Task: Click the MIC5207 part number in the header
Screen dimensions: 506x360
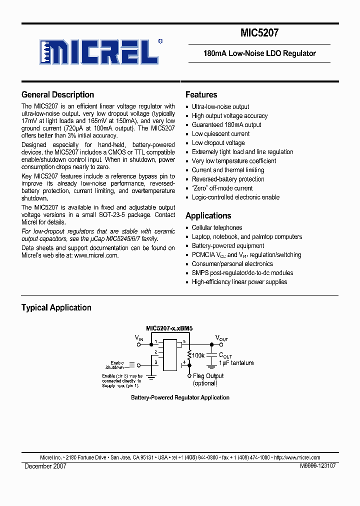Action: click(259, 33)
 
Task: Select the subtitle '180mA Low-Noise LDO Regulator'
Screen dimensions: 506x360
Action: click(259, 53)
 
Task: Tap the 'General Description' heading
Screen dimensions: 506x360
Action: click(57, 94)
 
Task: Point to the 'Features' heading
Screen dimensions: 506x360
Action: click(201, 94)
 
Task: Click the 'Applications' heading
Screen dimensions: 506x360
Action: click(208, 215)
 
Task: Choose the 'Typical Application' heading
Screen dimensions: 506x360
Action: click(56, 307)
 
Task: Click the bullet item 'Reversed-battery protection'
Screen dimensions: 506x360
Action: click(228, 179)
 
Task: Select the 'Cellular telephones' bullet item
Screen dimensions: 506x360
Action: click(217, 227)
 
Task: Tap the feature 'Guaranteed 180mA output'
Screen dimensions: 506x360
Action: click(226, 124)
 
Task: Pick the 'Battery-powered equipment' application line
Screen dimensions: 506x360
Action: click(228, 245)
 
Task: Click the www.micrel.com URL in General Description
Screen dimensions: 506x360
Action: click(96, 255)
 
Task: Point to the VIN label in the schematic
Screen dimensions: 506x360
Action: click(139, 338)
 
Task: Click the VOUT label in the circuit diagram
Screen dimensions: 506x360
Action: click(221, 338)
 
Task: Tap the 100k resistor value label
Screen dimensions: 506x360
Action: click(199, 354)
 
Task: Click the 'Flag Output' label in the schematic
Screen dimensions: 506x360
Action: click(208, 376)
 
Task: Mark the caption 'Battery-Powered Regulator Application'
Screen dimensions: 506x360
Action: click(180, 397)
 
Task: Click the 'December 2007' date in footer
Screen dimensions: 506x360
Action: click(45, 465)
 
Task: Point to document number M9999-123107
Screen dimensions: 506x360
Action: click(318, 465)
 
